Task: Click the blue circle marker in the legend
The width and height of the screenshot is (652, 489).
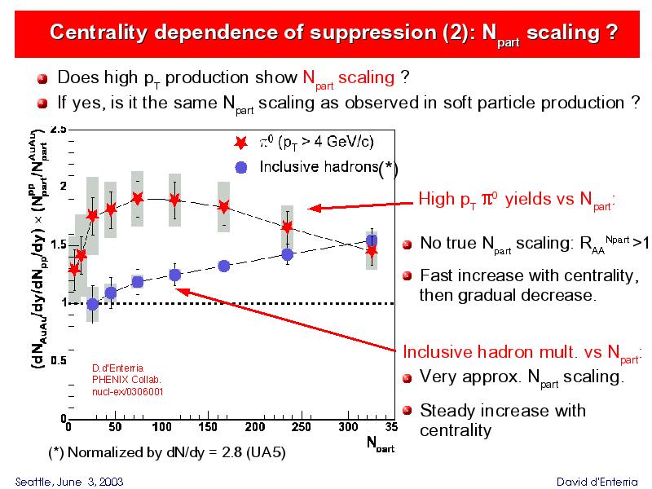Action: click(240, 168)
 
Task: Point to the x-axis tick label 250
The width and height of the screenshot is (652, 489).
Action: click(301, 426)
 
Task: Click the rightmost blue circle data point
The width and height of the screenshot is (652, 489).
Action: click(372, 240)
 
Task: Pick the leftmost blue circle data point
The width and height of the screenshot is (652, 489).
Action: click(93, 304)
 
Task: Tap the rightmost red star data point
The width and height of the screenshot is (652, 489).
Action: click(372, 250)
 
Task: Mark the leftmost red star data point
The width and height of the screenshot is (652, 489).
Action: click(74, 269)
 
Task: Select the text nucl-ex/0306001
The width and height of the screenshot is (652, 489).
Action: click(127, 392)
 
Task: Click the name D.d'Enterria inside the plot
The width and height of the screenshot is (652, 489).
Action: click(121, 368)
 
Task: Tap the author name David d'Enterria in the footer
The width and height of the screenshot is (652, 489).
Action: click(597, 481)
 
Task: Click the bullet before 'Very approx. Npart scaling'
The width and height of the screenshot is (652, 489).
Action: click(409, 378)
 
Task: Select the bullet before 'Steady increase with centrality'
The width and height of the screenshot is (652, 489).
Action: click(409, 411)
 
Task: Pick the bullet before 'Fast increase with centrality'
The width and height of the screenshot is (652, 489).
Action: click(409, 276)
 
